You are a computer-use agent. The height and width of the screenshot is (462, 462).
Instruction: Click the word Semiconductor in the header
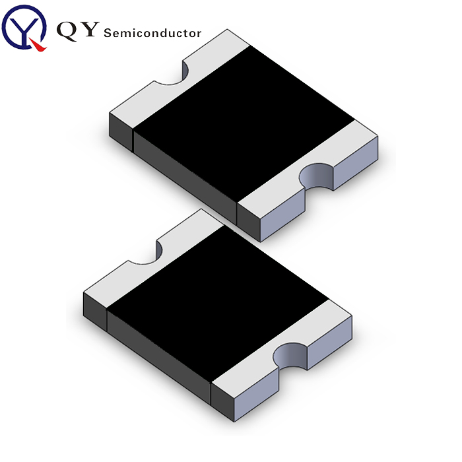(152, 32)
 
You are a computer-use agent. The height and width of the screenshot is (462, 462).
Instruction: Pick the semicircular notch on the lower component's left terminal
(145, 251)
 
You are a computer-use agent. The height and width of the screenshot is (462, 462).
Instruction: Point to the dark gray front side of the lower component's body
(158, 356)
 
